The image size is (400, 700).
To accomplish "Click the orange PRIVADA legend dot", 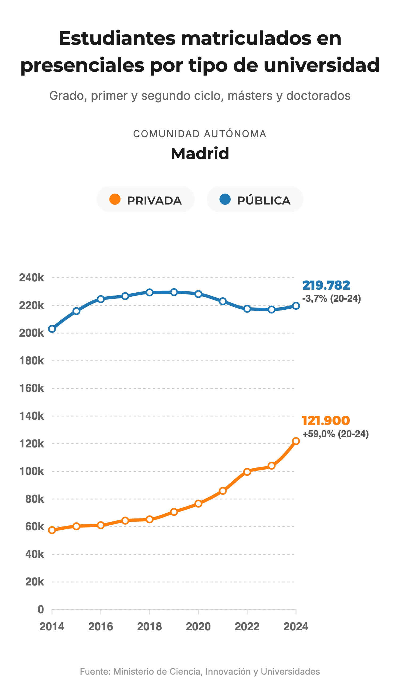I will pyautogui.click(x=115, y=199).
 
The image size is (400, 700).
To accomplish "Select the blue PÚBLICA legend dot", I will pyautogui.click(x=225, y=199).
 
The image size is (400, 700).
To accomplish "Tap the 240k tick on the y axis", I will pyautogui.click(x=31, y=278).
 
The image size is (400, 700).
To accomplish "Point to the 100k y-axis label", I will pyautogui.click(x=31, y=471).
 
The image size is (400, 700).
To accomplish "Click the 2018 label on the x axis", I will pyautogui.click(x=149, y=626).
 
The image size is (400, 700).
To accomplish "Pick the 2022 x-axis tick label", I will pyautogui.click(x=247, y=626).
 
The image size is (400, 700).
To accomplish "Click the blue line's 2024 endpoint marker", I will pyautogui.click(x=296, y=306).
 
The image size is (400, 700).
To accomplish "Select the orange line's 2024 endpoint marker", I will pyautogui.click(x=296, y=441).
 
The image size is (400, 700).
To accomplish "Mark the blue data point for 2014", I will pyautogui.click(x=52, y=329).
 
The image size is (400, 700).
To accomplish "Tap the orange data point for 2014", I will pyautogui.click(x=52, y=530).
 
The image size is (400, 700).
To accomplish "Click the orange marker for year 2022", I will pyautogui.click(x=247, y=472).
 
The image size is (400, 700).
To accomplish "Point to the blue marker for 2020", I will pyautogui.click(x=198, y=294).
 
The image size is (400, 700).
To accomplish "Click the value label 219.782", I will pyautogui.click(x=326, y=285).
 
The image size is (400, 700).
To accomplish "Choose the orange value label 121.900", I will pyautogui.click(x=326, y=420).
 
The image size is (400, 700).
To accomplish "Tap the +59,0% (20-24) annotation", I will pyautogui.click(x=335, y=434).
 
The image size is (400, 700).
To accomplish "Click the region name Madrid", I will pyautogui.click(x=200, y=153).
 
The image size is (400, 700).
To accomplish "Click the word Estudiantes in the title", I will pyautogui.click(x=117, y=38).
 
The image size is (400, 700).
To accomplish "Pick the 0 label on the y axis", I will pyautogui.click(x=41, y=609).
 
